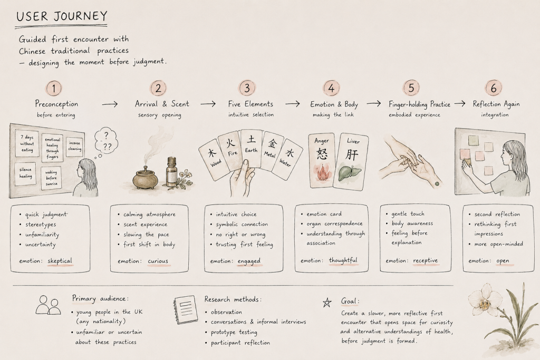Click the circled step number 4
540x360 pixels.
tap(331, 88)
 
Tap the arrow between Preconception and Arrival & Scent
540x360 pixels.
tap(110, 104)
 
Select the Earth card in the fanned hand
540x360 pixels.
tap(251, 148)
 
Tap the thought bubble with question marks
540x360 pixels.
tap(106, 140)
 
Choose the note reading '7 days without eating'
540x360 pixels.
tap(27, 143)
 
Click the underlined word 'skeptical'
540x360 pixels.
tap(60, 261)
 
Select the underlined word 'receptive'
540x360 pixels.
tap(426, 260)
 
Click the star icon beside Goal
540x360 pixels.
tap(327, 303)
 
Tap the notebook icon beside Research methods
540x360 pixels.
tap(186, 310)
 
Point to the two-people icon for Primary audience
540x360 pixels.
tap(48, 305)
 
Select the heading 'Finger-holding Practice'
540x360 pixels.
tap(419, 104)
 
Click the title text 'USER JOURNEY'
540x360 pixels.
tap(62, 16)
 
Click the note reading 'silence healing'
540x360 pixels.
tap(25, 173)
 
